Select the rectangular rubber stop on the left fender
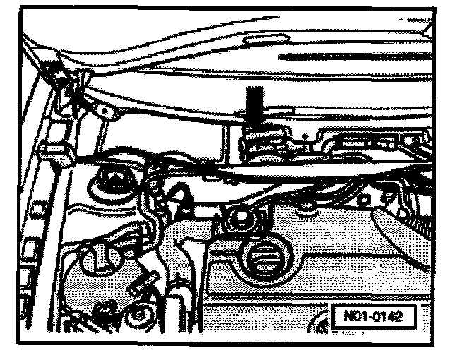click(x=55, y=150)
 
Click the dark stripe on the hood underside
click(x=339, y=54)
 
